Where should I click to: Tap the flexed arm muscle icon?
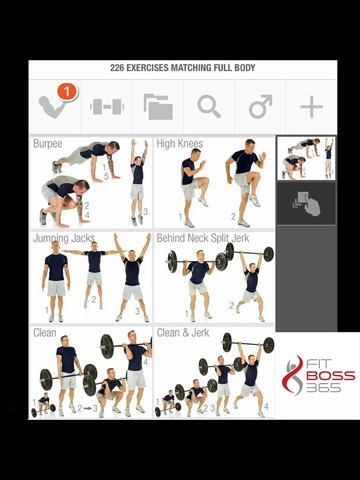tap(53, 107)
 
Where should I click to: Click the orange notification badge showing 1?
tap(67, 91)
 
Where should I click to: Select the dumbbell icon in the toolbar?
tap(107, 107)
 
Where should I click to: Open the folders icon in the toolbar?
tap(158, 107)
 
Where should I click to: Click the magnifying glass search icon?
tap(209, 107)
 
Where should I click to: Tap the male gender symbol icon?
tap(260, 107)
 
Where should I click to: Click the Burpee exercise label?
tap(48, 144)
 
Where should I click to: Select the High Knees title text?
tap(180, 144)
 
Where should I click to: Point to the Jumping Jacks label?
tap(64, 238)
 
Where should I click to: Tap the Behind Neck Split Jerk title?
tap(203, 238)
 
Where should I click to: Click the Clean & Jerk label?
tap(183, 332)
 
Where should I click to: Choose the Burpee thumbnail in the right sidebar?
tap(306, 158)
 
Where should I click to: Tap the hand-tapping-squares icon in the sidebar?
tap(306, 203)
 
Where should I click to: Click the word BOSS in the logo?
tap(330, 376)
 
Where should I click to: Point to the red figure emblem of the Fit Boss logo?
tap(292, 375)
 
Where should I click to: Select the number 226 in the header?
tap(117, 68)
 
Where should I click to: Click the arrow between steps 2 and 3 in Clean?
tap(88, 408)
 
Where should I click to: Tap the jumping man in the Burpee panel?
tap(138, 182)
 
